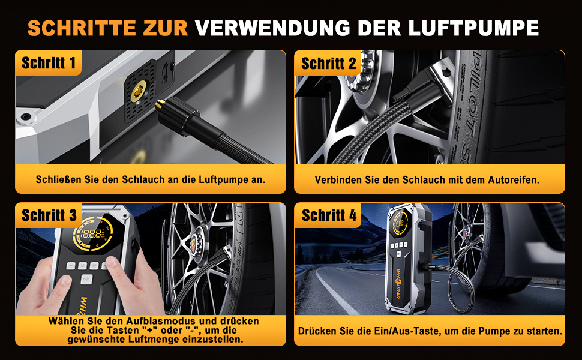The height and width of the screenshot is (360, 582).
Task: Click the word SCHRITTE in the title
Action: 82,28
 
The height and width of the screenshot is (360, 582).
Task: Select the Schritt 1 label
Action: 49,63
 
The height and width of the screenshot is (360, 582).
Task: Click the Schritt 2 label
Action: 328,64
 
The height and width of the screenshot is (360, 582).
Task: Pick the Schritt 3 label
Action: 49,215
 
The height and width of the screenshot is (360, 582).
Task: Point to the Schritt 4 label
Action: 329,215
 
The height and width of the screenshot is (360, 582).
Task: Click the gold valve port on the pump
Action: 138,92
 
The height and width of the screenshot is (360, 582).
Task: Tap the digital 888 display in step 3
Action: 91,234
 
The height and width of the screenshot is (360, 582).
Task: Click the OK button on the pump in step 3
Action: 86,278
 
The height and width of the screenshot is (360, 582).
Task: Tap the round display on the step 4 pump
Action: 400,224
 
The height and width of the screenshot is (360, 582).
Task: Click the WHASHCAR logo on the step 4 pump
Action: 398,284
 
